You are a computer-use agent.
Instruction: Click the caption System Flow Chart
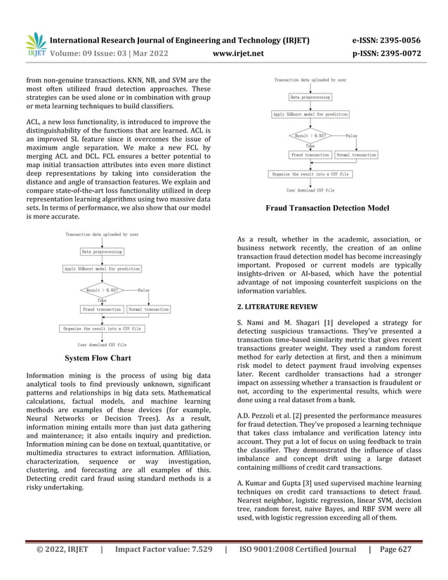point(98,358)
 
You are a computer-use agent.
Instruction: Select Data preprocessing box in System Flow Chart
point(102,251)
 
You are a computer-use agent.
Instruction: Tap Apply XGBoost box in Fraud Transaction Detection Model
point(311,114)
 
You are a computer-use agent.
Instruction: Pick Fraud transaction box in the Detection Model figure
point(310,154)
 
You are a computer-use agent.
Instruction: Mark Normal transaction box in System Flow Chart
point(149,309)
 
